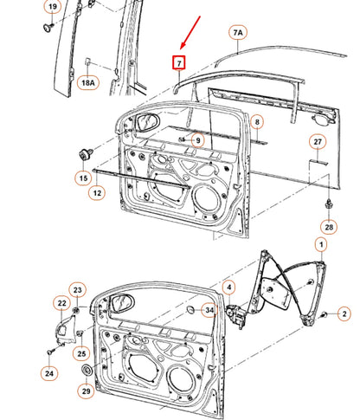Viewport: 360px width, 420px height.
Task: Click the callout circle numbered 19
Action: pos(52,9)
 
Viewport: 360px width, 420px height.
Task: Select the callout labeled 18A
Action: pos(89,83)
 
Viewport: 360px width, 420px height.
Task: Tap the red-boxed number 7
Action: pos(179,63)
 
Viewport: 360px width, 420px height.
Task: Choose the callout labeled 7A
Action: pos(238,34)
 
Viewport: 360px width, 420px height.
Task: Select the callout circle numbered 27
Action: pos(318,142)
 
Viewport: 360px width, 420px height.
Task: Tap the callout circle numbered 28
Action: pos(329,227)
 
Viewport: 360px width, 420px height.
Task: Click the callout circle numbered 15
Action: pos(83,179)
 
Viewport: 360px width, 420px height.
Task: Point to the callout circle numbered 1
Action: pos(321,246)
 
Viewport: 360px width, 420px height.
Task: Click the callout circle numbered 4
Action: pos(228,287)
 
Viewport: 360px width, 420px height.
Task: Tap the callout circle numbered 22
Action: pos(61,303)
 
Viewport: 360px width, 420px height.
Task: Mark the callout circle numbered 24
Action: pos(49,374)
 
